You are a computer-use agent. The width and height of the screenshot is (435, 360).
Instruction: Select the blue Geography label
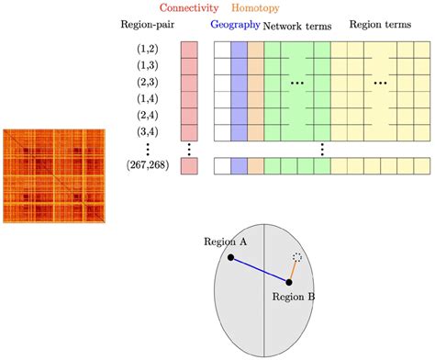point(234,26)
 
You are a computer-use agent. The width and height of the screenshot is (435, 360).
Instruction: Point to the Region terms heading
point(378,26)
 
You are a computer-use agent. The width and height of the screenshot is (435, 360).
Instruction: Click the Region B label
point(295,297)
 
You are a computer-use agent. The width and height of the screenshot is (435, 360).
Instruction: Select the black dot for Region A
point(230,257)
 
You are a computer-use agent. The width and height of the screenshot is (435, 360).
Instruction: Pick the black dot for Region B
point(288,282)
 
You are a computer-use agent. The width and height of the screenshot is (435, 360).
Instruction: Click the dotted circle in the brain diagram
point(296,258)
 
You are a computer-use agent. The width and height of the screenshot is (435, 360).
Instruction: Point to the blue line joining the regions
point(259,269)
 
